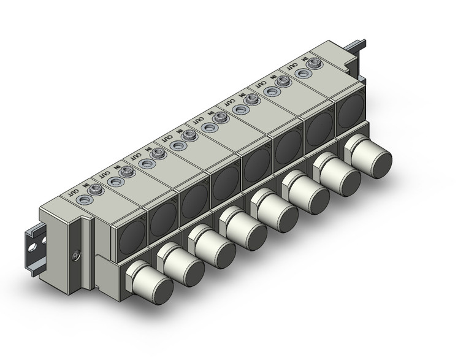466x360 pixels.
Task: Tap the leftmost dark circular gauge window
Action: [x=130, y=235]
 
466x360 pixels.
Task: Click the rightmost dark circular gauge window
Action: [x=349, y=110]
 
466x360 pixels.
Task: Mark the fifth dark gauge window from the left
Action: [x=257, y=163]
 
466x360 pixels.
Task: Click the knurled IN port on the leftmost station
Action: [x=95, y=191]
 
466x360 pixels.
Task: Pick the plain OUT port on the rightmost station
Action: [x=302, y=72]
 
